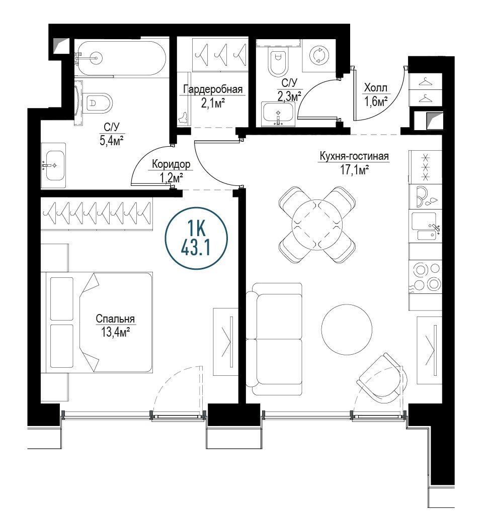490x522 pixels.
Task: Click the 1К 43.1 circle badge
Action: pyautogui.click(x=196, y=238)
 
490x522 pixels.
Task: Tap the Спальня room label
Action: pyautogui.click(x=115, y=319)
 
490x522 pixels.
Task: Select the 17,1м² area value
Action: pyautogui.click(x=354, y=170)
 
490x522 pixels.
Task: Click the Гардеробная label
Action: pyautogui.click(x=213, y=89)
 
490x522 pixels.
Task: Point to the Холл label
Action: pyautogui.click(x=376, y=88)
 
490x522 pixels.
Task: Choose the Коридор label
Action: pyautogui.click(x=171, y=164)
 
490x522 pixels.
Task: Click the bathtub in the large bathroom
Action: pyautogui.click(x=120, y=58)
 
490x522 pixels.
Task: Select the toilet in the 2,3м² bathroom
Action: pyautogui.click(x=277, y=62)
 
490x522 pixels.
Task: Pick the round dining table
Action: pyautogui.click(x=317, y=225)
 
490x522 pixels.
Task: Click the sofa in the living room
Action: pyautogui.click(x=274, y=339)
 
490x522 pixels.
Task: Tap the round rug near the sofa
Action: pyautogui.click(x=347, y=329)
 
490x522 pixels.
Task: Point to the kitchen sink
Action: pyautogui.click(x=426, y=226)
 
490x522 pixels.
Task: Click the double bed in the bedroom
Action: pyautogui.click(x=97, y=322)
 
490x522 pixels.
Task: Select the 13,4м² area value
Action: pyautogui.click(x=115, y=332)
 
